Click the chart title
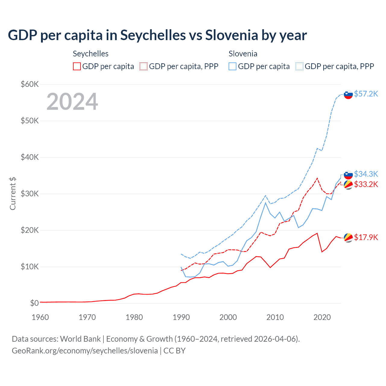[157, 35]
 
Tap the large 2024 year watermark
[72, 102]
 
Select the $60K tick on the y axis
[30, 84]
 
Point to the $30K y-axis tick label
[30, 194]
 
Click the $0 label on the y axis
[34, 303]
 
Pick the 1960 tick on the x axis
[40, 317]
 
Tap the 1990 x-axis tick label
[181, 317]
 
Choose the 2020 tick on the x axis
[322, 317]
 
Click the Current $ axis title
[13, 194]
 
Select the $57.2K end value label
[366, 94]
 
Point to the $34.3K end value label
[366, 174]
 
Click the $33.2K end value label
[366, 184]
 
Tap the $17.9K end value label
[366, 237]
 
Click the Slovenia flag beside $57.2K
[348, 95]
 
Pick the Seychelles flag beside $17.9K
[348, 238]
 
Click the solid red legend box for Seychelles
[77, 66]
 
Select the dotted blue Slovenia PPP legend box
[299, 66]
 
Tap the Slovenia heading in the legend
[243, 54]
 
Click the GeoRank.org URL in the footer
[85, 351]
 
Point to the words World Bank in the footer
[80, 339]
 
